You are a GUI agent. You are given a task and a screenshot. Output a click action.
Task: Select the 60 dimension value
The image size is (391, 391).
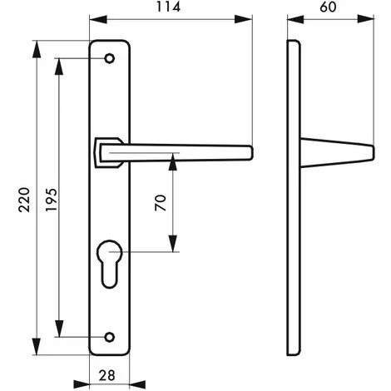[329, 7]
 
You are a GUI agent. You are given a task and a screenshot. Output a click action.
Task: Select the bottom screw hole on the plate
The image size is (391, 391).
[110, 337]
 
